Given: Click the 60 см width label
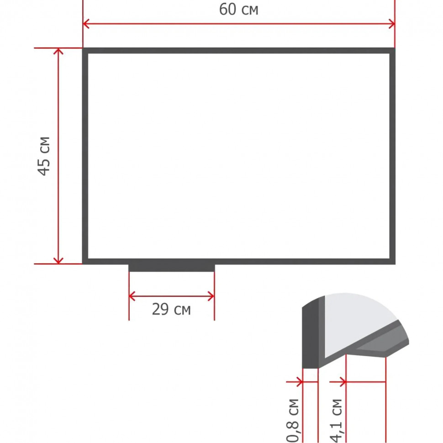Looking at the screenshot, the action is pos(239,9).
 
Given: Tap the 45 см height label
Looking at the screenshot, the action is pos(44,156).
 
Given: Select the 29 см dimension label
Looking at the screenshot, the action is pos(171,309).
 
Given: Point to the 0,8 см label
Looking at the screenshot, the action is pos(293,421).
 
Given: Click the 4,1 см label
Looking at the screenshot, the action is pos(336,421).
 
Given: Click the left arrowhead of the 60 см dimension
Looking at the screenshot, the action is pos(86,24).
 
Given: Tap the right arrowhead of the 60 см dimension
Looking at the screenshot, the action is pos(391,24).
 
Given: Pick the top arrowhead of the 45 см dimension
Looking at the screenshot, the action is pos(58,51).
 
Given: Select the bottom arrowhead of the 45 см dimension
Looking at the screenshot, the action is pos(58,260).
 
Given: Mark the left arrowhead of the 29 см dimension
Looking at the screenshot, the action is pos(132,296).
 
